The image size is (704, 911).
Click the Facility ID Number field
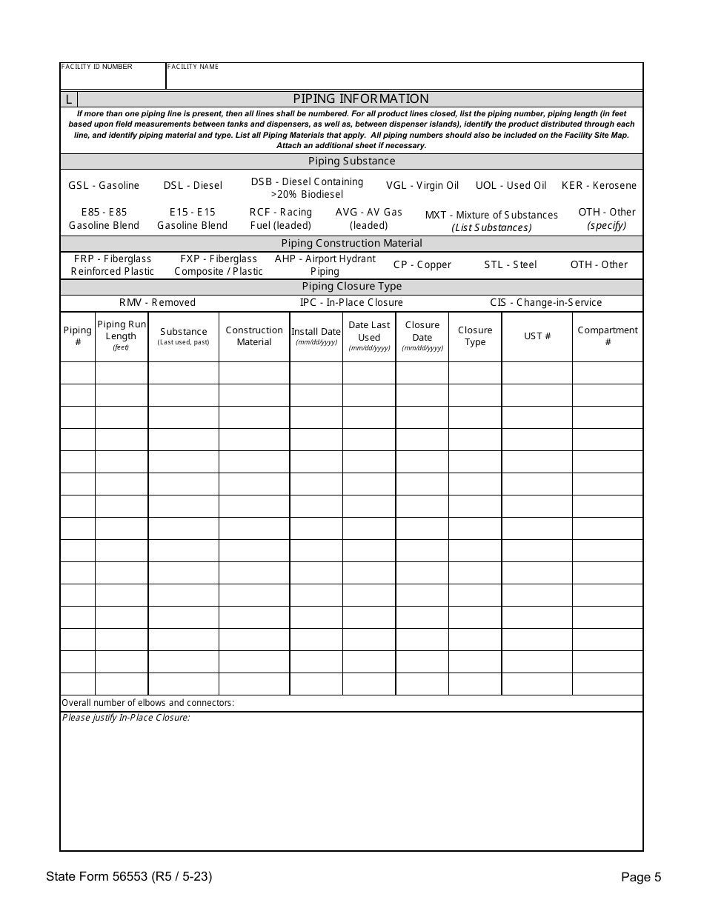pyautogui.click(x=113, y=76)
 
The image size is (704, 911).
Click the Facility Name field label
pyautogui.click(x=193, y=67)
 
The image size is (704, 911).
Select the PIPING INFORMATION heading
pyautogui.click(x=360, y=99)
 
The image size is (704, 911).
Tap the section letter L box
pyautogui.click(x=68, y=99)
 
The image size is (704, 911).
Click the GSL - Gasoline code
pyautogui.click(x=104, y=185)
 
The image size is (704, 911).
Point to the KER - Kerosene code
pyautogui.click(x=599, y=185)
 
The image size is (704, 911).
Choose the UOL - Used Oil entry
pyautogui.click(x=511, y=185)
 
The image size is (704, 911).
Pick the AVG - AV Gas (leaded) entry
pyautogui.click(x=368, y=218)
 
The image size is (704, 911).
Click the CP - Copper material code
pyautogui.click(x=422, y=264)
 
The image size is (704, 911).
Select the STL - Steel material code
pyautogui.click(x=510, y=264)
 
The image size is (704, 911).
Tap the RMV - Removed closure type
pyautogui.click(x=157, y=302)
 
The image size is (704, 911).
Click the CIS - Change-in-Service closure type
pyautogui.click(x=545, y=302)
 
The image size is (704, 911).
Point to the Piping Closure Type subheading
pyautogui.click(x=351, y=286)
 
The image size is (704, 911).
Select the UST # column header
pyautogui.click(x=537, y=336)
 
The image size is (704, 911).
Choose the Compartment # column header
pyautogui.click(x=607, y=336)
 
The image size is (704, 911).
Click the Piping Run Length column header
pyautogui.click(x=122, y=336)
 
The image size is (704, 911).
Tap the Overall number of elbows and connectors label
pyautogui.click(x=147, y=703)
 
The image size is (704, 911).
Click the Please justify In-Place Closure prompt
pyautogui.click(x=126, y=718)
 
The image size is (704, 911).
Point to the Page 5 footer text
pyautogui.click(x=640, y=878)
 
